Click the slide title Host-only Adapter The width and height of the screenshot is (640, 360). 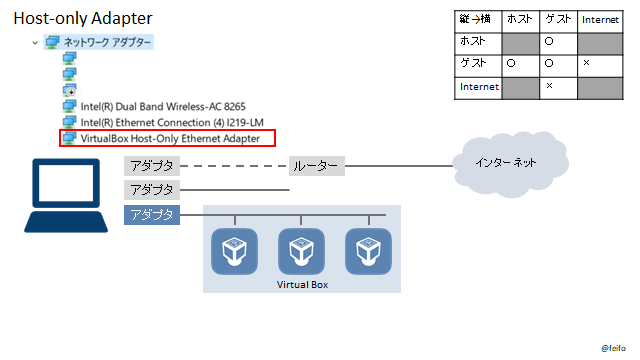83,18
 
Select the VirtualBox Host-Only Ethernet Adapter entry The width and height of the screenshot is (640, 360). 169,138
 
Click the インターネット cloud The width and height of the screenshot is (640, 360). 503,162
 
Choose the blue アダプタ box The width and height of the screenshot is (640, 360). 152,215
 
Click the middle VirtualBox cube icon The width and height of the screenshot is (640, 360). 301,252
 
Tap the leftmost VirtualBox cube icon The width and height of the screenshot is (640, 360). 235,252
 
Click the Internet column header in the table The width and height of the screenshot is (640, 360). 600,19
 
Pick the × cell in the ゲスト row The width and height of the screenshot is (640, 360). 586,63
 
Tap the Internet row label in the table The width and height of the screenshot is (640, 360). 478,87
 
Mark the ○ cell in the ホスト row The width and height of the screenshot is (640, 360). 548,41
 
